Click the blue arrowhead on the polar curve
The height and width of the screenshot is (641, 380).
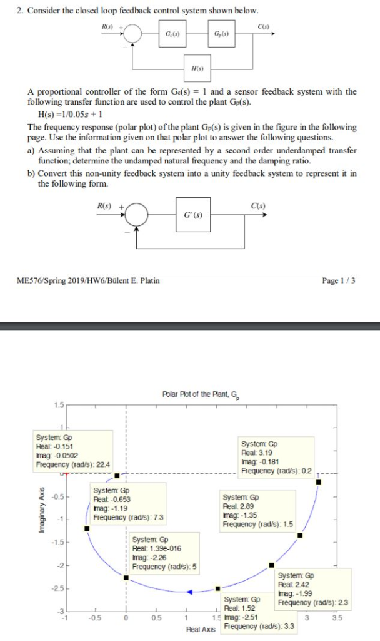point(190,591)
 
